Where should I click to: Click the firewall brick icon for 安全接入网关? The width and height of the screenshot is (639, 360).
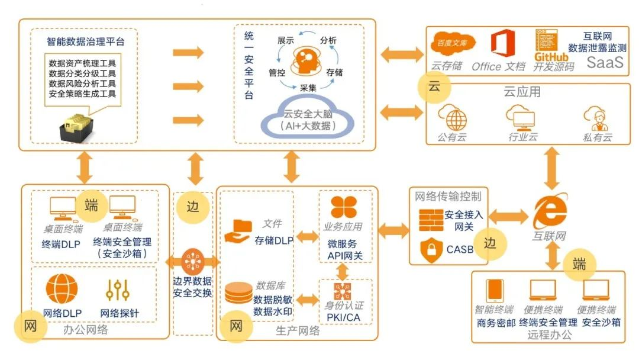click(431, 219)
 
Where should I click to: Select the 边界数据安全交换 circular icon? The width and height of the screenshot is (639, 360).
click(193, 262)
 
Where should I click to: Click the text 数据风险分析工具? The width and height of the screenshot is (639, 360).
click(82, 83)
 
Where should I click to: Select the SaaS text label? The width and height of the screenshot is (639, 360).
click(605, 63)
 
